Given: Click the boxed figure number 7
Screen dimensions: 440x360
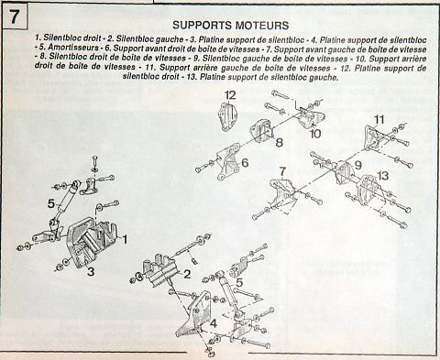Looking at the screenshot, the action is pyautogui.click(x=14, y=16).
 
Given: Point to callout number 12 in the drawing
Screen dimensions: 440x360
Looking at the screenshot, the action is pyautogui.click(x=230, y=95).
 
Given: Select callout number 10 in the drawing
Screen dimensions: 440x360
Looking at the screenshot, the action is pyautogui.click(x=315, y=134).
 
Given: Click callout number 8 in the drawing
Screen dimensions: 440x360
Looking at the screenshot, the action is pyautogui.click(x=279, y=142).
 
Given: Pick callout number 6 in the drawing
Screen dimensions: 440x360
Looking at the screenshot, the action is pyautogui.click(x=245, y=163).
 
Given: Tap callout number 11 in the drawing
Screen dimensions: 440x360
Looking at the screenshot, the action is pyautogui.click(x=379, y=119).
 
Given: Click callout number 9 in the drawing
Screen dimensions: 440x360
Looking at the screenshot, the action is pyautogui.click(x=357, y=165).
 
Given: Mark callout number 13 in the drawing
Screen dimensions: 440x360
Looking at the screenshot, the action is pyautogui.click(x=383, y=176).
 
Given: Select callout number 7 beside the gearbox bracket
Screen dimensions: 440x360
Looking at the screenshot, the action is pyautogui.click(x=282, y=171).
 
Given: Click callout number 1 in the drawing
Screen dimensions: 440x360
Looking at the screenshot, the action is pyautogui.click(x=125, y=239).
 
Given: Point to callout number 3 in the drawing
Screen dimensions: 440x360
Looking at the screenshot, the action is pyautogui.click(x=91, y=271).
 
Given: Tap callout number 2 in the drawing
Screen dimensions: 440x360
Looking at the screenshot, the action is pyautogui.click(x=187, y=274).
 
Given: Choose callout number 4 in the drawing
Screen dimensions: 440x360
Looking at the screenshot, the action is pyautogui.click(x=214, y=323).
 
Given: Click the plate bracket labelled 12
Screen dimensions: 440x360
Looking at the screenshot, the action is pyautogui.click(x=227, y=116).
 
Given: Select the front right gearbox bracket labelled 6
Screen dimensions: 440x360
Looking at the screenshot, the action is pyautogui.click(x=227, y=163).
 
